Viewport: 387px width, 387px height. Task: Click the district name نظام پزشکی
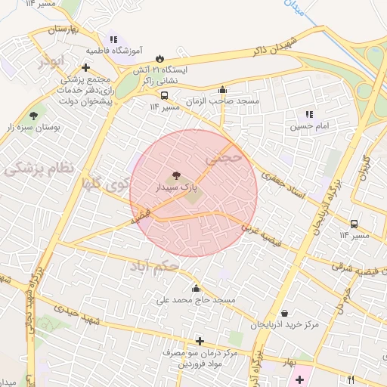pos(39,167)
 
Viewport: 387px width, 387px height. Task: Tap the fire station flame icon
pos(159,58)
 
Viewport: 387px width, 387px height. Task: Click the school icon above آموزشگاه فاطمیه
pos(113,39)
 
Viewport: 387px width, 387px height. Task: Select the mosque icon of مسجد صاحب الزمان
pos(222,89)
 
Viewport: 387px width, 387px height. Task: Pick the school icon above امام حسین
pos(309,115)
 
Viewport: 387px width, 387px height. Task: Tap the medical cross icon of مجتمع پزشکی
pos(86,68)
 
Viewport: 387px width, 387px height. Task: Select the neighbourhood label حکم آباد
pos(154,267)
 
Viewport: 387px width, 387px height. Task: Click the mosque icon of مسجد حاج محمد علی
pos(197,288)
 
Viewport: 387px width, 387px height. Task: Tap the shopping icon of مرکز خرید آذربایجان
pos(284,313)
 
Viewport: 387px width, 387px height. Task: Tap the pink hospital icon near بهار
pos(301,378)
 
